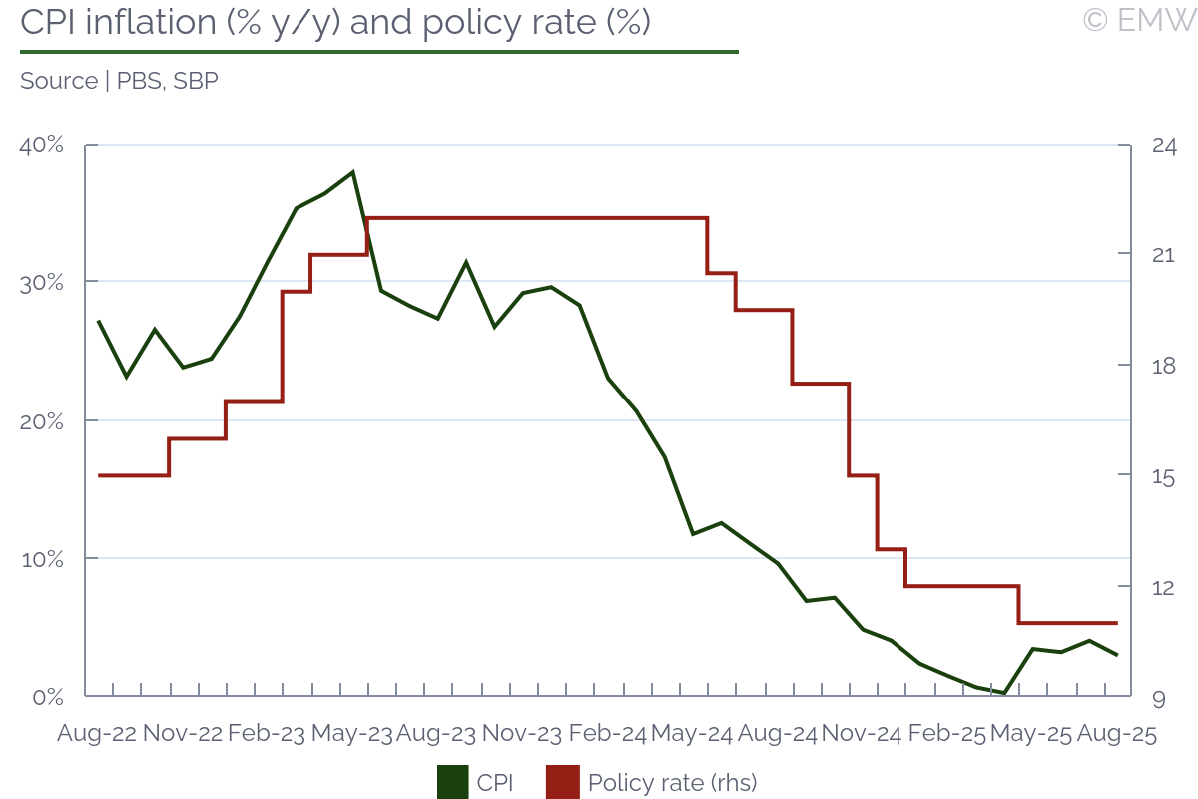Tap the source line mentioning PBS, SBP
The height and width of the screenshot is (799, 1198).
coord(119,81)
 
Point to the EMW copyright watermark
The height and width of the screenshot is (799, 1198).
coord(1139,19)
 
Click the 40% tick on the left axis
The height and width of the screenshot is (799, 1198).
coord(42,145)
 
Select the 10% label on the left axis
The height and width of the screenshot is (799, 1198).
coord(42,558)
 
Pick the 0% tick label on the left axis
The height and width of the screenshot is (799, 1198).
coord(48,696)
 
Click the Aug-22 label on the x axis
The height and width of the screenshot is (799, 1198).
coord(97,734)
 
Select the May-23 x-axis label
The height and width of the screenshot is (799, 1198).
coord(351,734)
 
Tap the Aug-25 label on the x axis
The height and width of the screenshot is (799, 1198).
coord(1116,734)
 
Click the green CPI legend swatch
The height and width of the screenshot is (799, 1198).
coord(452,782)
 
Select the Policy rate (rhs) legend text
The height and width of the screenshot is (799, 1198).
coord(672,782)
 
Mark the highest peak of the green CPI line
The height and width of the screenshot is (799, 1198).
coord(353,172)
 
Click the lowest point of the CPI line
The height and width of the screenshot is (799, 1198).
coord(1004,693)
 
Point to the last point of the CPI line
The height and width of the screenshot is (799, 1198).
coord(1117,655)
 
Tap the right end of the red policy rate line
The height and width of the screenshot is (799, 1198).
coord(1117,623)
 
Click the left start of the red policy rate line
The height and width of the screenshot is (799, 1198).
coord(98,475)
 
